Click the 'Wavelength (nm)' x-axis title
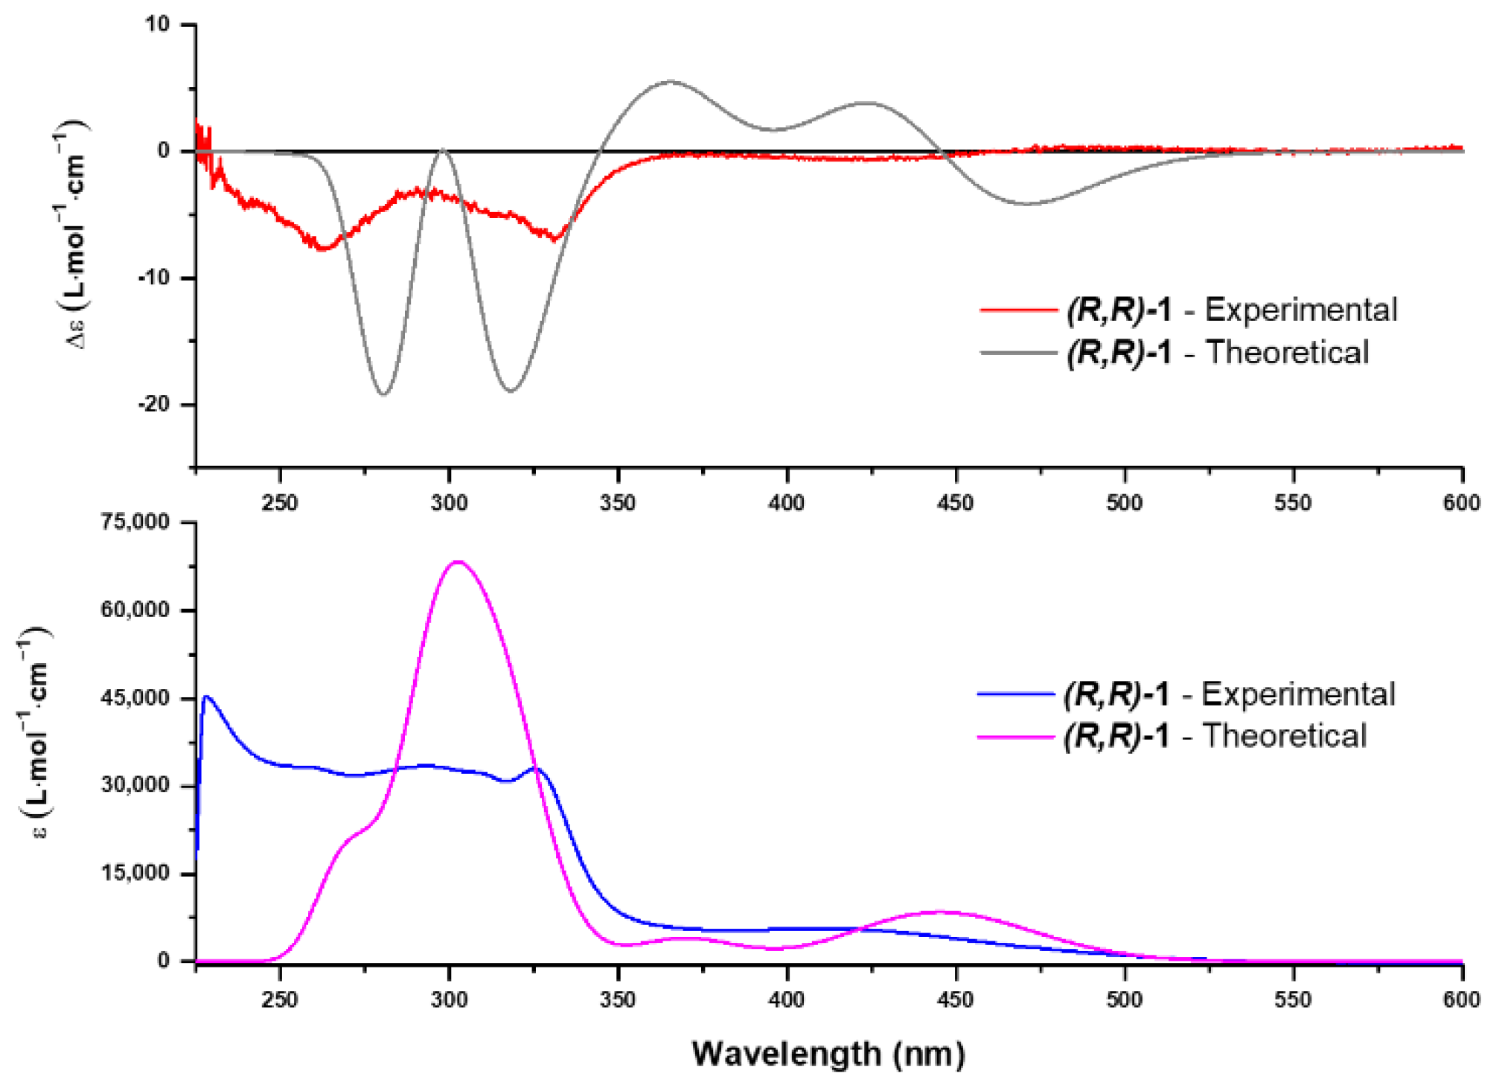coord(828,1054)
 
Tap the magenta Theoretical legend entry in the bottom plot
coord(1172,736)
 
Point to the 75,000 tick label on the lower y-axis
coord(135,522)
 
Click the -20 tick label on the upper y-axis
coord(154,404)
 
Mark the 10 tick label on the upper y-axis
coord(157,25)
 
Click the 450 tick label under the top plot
coord(956,503)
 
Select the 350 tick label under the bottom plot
coord(618,999)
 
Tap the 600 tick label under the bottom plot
coord(1461,999)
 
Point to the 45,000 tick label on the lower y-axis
coord(135,698)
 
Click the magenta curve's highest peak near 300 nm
coord(458,562)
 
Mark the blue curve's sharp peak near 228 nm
coord(207,697)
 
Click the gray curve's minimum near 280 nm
coord(384,394)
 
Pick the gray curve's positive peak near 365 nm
coord(671,82)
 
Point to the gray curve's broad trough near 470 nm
coord(1027,203)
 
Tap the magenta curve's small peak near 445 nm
coord(941,912)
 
